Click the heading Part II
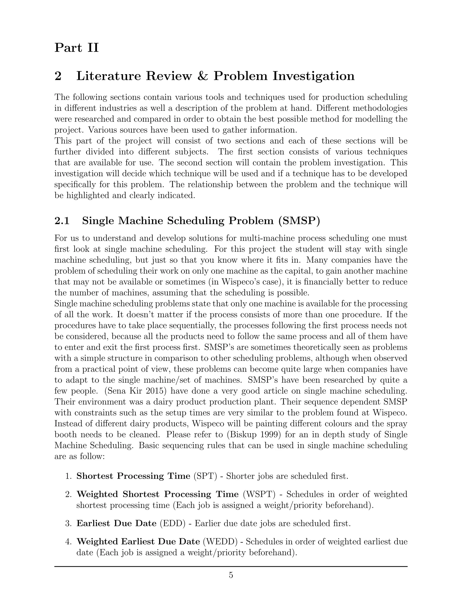point(76,48)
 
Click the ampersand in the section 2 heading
point(202,76)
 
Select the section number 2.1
point(62,221)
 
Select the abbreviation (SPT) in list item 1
point(205,476)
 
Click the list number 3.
point(68,523)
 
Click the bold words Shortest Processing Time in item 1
point(133,476)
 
